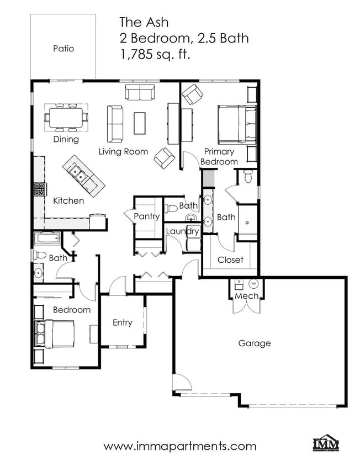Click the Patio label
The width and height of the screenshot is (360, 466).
tap(63, 49)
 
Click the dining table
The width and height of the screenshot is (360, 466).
tap(66, 117)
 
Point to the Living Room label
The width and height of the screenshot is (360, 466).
tap(123, 151)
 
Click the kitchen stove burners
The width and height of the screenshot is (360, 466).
tap(39, 189)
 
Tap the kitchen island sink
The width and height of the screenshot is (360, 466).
tap(81, 176)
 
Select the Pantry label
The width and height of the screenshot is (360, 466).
tap(147, 216)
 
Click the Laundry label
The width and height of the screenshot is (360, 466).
tap(182, 231)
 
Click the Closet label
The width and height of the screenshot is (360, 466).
tap(230, 260)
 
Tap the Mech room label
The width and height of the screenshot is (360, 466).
tap(246, 296)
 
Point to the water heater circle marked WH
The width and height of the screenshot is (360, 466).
tap(254, 284)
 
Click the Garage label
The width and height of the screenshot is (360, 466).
tap(255, 343)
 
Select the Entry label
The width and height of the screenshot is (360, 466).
tap(122, 322)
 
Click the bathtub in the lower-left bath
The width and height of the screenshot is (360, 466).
tap(47, 239)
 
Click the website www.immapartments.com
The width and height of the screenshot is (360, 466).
tap(179, 446)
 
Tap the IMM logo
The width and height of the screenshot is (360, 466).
tap(326, 444)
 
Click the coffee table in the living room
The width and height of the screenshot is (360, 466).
tap(140, 123)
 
